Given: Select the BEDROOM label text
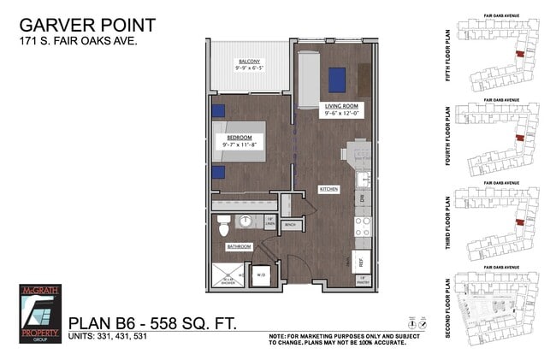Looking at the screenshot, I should pos(238,137).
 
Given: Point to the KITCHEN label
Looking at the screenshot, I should pos(329,189).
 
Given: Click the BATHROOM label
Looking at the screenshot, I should pos(239,246).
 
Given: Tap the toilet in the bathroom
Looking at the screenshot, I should pos(224,227).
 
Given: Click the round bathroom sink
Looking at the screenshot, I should pos(247,221).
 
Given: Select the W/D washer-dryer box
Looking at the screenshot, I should pos(258,274).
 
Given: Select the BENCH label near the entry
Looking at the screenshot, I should pos(290,225).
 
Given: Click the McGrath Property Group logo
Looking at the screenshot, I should pos(41,312).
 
